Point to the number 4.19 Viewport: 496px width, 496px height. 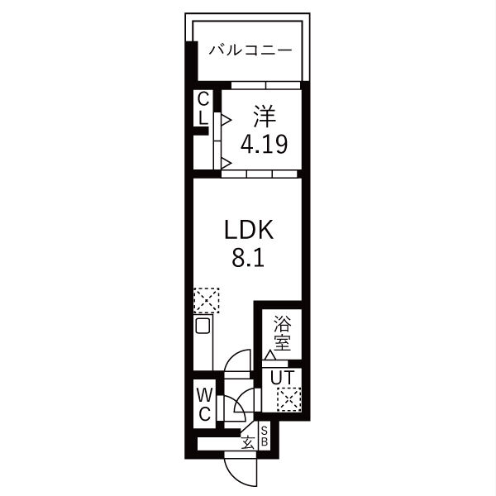[x=265, y=144]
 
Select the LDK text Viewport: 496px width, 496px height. [x=248, y=230]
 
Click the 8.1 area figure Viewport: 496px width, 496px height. [x=248, y=258]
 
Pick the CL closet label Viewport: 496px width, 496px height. [x=203, y=108]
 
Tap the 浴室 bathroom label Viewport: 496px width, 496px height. [x=282, y=333]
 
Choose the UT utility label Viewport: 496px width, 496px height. [x=282, y=378]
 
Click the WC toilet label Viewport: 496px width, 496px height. [x=204, y=404]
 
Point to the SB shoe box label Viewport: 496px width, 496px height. [x=265, y=436]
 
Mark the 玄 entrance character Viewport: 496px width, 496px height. [x=248, y=442]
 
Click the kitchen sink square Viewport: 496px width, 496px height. [x=203, y=326]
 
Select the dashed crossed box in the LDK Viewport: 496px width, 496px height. [x=207, y=301]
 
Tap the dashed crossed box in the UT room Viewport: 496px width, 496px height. [x=289, y=399]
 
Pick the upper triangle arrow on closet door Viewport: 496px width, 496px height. [x=226, y=120]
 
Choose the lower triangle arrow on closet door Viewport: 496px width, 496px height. [x=226, y=164]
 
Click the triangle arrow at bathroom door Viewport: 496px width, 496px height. [x=270, y=355]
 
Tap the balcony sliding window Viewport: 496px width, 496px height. [x=265, y=85]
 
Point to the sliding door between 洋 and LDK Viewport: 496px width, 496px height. [x=260, y=174]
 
